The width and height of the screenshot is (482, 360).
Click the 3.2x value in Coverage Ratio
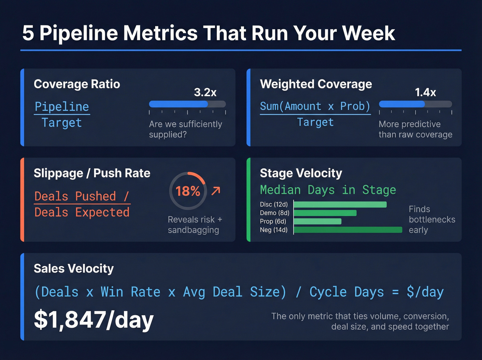[205, 92]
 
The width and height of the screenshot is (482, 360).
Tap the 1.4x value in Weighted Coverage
[425, 92]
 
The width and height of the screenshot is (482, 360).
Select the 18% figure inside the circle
[188, 191]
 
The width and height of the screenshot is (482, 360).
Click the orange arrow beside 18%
[216, 191]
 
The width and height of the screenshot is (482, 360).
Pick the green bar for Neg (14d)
[348, 230]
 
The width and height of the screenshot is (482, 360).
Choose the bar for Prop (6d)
[317, 221]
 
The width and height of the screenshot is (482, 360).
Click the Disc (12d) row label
[274, 204]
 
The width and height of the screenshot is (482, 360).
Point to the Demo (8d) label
[274, 213]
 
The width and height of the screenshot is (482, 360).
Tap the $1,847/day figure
[94, 320]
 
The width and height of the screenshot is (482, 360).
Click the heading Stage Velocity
[301, 173]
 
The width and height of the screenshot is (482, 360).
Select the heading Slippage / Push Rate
[92, 173]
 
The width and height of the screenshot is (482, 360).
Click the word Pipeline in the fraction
[62, 106]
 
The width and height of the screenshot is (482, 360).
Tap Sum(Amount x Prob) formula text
[315, 106]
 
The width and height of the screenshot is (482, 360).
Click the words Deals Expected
[82, 212]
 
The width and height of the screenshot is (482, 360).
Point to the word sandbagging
[193, 230]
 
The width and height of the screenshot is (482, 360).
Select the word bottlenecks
[432, 219]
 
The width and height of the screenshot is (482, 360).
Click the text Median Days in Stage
[328, 190]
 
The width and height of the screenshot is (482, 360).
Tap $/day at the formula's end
[425, 292]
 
